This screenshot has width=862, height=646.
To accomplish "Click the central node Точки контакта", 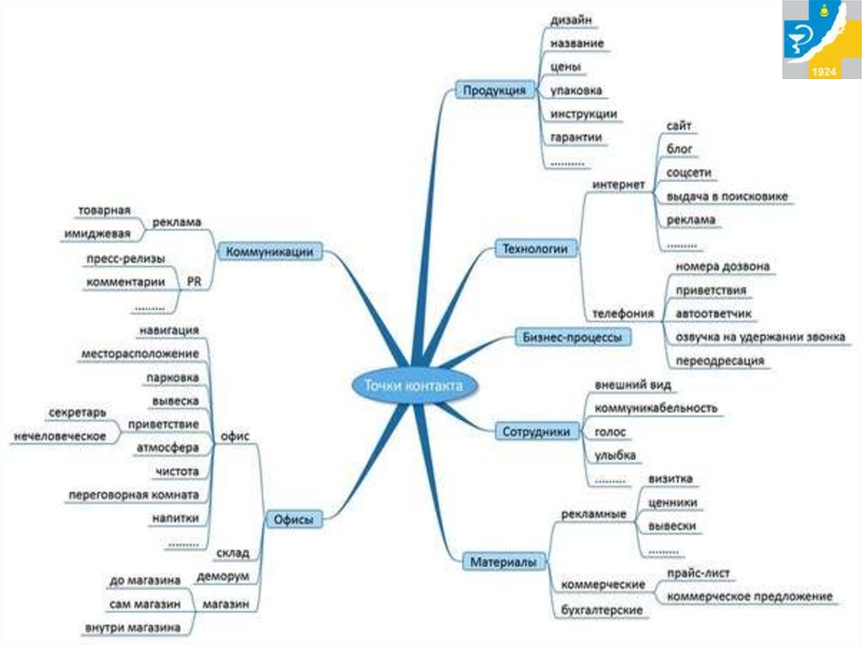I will click(x=412, y=385).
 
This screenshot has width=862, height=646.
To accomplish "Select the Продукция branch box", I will click(x=496, y=90).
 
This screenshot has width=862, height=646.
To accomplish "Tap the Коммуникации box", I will click(x=270, y=251).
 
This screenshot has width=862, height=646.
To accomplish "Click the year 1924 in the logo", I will click(x=823, y=72).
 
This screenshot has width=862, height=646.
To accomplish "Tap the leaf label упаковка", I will click(x=576, y=89).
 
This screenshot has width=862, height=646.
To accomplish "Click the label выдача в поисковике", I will click(x=727, y=196).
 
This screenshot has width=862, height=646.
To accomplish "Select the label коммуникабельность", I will click(x=656, y=408).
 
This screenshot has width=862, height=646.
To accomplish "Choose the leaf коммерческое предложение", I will click(x=749, y=596).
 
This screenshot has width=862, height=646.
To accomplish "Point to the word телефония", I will click(x=623, y=313).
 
